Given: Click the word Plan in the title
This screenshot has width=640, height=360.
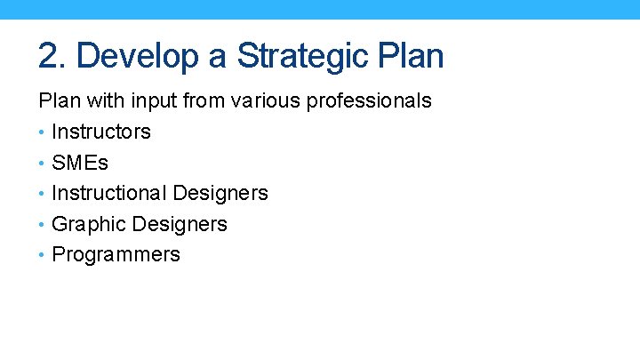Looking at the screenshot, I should (409, 56).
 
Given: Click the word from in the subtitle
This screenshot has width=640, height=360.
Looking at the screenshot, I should (204, 101).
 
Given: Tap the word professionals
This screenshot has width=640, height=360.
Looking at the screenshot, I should (369, 101).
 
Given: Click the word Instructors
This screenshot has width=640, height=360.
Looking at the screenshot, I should (101, 132).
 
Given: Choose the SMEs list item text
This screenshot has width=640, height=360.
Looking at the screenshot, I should (80, 163).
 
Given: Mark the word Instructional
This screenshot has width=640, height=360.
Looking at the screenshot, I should (109, 193).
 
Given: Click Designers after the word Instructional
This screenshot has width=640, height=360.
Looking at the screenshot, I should (220, 193).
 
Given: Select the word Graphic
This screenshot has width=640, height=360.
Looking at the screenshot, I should (86, 224).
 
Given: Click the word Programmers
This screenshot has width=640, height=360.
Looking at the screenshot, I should (116, 254).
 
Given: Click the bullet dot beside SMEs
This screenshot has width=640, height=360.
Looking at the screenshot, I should (42, 164).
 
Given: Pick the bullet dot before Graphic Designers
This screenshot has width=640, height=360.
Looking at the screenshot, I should (42, 225).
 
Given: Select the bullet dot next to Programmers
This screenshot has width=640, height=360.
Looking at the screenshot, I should (42, 255).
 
